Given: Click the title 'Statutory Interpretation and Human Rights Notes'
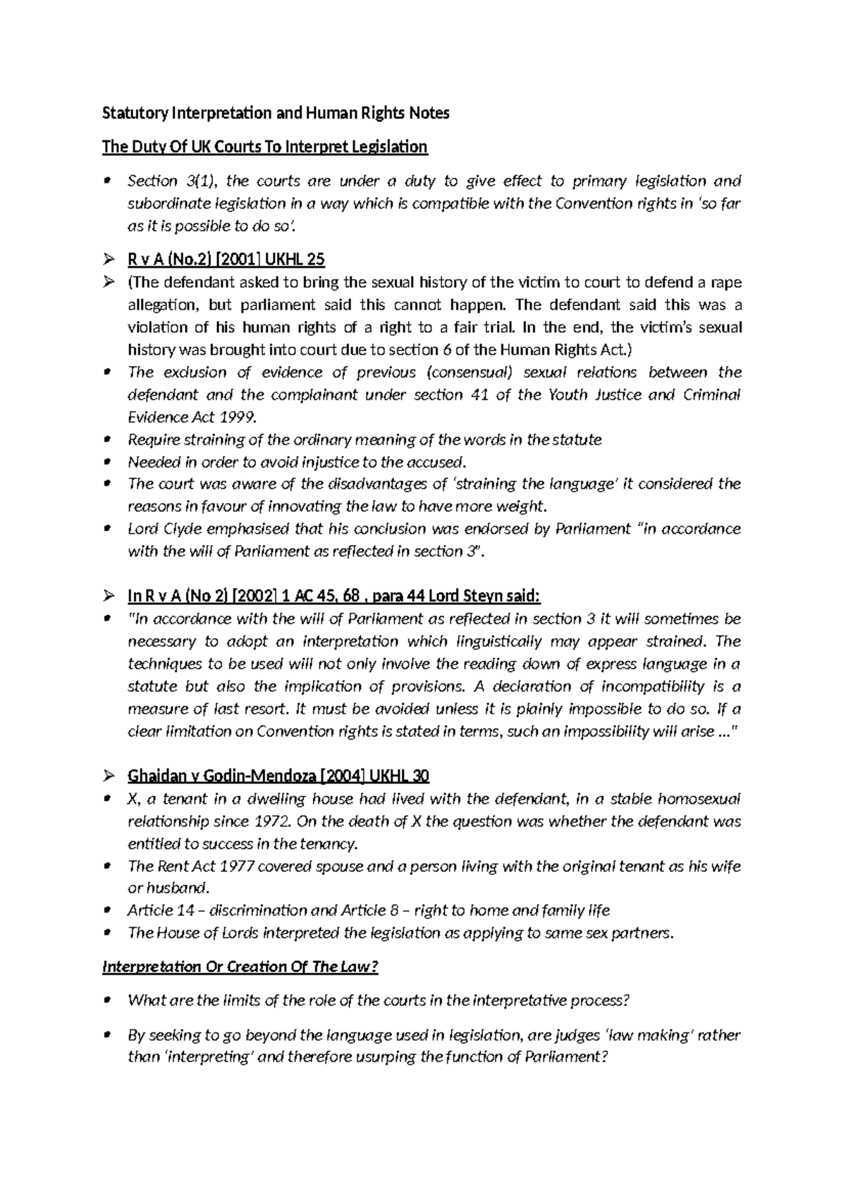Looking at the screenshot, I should (276, 113).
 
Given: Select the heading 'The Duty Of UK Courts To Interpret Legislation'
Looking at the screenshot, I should (264, 147).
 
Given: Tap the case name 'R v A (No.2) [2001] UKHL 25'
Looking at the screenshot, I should (226, 260).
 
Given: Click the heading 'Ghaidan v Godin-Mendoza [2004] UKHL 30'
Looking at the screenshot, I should (278, 776).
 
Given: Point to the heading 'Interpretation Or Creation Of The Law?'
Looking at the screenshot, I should (240, 966).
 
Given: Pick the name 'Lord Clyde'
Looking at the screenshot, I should (155, 529).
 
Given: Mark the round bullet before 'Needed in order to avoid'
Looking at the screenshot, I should (107, 463).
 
